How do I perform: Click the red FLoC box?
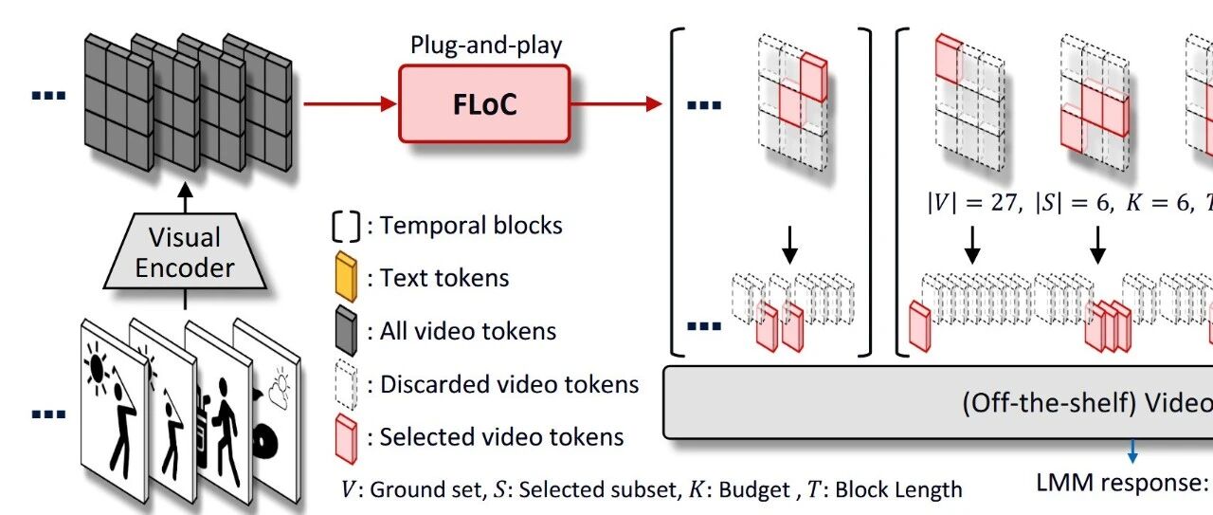pos(484,104)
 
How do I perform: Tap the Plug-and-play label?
pos(486,45)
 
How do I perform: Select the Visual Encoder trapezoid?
pos(185,251)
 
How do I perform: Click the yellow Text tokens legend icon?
pos(346,277)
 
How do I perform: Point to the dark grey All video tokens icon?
pos(346,330)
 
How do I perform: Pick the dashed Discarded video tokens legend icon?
pos(346,384)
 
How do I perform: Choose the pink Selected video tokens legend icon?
pos(346,438)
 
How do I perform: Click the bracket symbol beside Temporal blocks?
pos(346,226)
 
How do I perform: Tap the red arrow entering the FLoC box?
pos(351,103)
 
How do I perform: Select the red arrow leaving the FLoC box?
pos(617,103)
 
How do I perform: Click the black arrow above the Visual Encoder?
pos(185,198)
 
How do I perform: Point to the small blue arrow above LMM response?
pos(1132,451)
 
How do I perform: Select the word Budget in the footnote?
pos(754,490)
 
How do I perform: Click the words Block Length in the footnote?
pos(899,489)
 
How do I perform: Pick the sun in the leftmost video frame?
pos(97,367)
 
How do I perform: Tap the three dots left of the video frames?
pos(48,414)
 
